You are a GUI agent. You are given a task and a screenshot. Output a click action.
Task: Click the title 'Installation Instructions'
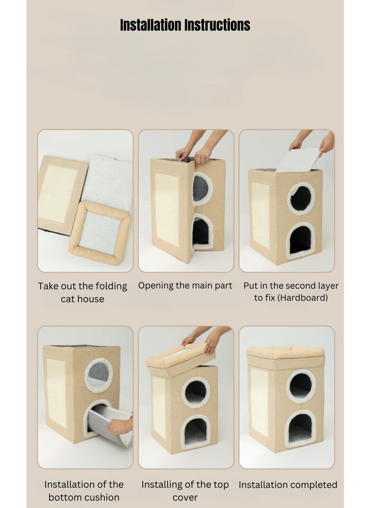(x=185, y=25)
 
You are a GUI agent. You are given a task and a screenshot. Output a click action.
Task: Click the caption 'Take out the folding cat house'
(x=83, y=292)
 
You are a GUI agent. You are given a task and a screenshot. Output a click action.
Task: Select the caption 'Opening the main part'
(x=185, y=285)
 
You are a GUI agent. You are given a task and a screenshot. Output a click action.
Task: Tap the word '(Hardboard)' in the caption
(x=291, y=298)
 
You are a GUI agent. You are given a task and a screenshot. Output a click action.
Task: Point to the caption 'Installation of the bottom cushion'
(x=84, y=491)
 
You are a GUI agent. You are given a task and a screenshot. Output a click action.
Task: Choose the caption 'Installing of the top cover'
(x=185, y=491)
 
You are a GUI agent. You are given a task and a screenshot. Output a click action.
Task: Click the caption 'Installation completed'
(x=288, y=485)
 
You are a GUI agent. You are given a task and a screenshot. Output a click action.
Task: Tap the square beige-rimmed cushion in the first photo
(x=99, y=232)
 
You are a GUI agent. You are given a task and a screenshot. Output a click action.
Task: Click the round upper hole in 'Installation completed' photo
(x=301, y=386)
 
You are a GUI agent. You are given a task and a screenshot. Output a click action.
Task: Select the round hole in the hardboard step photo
(x=301, y=198)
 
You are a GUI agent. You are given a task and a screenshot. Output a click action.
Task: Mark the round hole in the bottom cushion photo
(x=98, y=374)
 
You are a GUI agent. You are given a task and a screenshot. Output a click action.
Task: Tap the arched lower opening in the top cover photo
(x=196, y=432)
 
